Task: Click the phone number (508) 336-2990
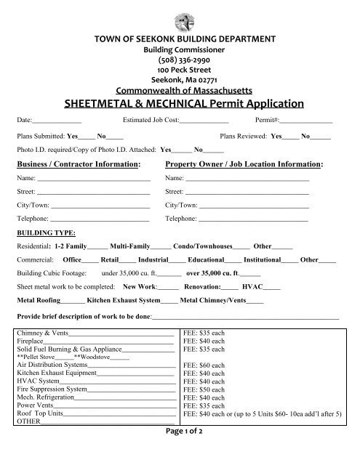180,61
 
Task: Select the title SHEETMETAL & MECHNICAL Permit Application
180,103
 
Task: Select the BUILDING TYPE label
46,233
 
